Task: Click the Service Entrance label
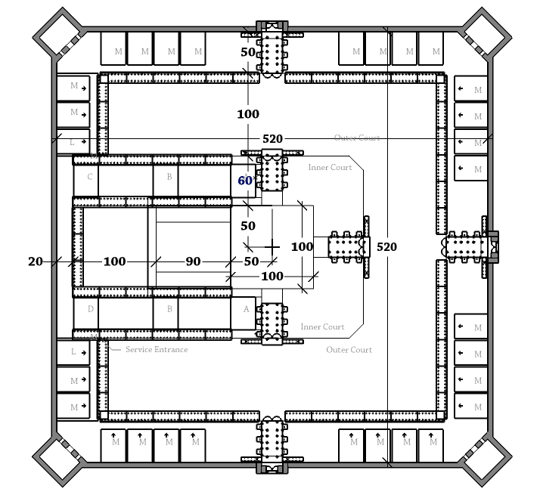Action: point(157,350)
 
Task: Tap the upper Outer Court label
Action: point(357,138)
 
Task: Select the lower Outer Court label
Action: point(349,350)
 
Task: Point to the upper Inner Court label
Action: point(330,167)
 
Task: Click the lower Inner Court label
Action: point(322,327)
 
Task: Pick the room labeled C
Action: point(90,178)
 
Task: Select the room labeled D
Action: point(90,309)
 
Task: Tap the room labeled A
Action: point(246,310)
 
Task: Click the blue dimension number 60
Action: point(245,181)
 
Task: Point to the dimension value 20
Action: point(36,261)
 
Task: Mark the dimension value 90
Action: point(193,261)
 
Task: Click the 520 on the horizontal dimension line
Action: point(273,139)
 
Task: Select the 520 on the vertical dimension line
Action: point(386,247)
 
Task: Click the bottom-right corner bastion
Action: point(485,462)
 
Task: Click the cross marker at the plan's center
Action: point(273,247)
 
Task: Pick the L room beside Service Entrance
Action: point(73,352)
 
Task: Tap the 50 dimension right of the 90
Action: point(251,261)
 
